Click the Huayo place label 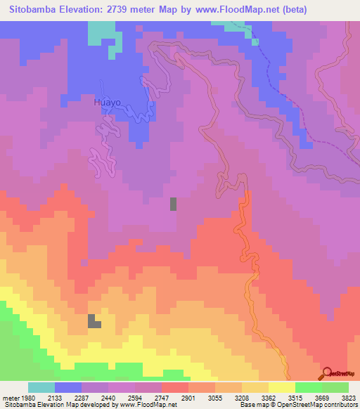(x=108, y=102)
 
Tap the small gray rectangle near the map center (x=173, y=204)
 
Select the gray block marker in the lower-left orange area (x=93, y=321)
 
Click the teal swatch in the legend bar (x=41, y=387)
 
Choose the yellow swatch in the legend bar (x=282, y=387)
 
